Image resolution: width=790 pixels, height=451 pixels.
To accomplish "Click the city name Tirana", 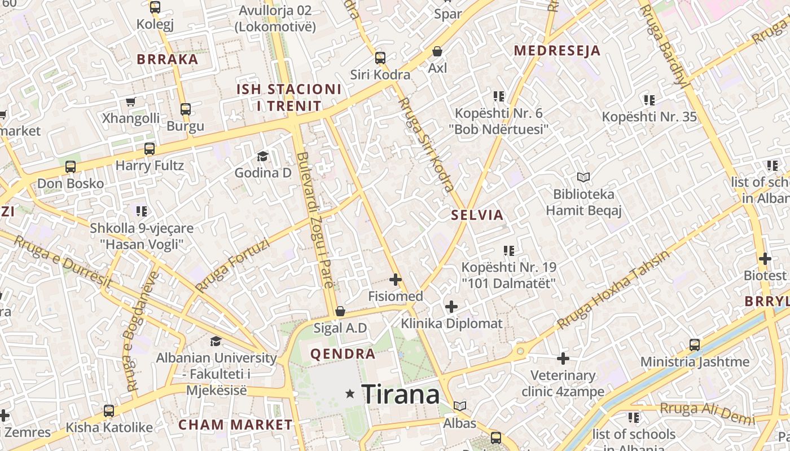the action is (x=400, y=394).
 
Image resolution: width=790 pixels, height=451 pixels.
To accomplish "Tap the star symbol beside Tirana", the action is (x=350, y=393).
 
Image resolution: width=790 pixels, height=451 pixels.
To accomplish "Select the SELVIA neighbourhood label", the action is (x=477, y=215).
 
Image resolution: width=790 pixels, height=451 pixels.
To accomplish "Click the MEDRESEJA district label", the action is (x=556, y=51).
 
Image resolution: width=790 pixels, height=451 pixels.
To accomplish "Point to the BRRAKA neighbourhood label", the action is (x=168, y=59).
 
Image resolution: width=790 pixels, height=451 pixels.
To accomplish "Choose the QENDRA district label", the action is (x=343, y=354).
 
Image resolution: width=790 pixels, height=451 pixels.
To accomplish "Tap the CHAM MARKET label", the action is (x=235, y=425).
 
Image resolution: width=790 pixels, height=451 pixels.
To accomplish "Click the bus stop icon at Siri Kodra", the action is (x=380, y=58).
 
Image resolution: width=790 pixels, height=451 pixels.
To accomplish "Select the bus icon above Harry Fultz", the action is (x=150, y=149).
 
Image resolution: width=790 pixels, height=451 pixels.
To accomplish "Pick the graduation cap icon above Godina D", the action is (x=262, y=156).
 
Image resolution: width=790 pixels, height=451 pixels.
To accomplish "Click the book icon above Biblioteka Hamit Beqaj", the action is (x=583, y=178).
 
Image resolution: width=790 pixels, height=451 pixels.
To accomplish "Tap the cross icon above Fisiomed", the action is (x=396, y=279).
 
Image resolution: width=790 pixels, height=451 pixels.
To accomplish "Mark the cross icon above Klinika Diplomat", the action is (x=451, y=307).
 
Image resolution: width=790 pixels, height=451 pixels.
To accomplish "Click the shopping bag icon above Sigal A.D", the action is (x=340, y=311).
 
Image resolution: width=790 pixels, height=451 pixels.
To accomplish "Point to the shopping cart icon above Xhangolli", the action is (x=131, y=101).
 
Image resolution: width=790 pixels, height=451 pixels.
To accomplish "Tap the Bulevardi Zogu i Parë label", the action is (x=315, y=220).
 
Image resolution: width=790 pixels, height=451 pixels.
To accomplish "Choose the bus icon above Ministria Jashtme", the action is (x=695, y=344).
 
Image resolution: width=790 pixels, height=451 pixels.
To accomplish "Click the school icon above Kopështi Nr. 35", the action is (x=649, y=100).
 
